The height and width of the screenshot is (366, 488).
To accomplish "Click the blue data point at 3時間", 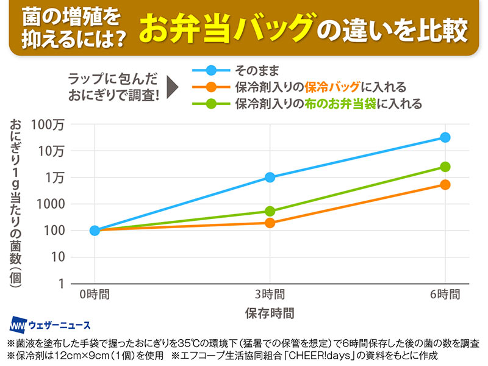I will click(x=270, y=178).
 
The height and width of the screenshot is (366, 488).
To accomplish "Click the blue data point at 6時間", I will click(x=445, y=137).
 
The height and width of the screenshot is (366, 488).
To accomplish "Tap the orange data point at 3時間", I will click(x=270, y=223).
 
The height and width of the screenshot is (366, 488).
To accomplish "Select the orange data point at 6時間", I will click(x=445, y=184).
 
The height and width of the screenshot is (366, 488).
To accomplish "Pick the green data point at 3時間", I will click(x=270, y=211).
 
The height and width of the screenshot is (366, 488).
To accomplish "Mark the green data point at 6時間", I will click(x=445, y=167).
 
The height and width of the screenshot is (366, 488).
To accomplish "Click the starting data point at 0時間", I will click(x=95, y=231).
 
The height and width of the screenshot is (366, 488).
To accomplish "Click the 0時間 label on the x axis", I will click(x=95, y=294).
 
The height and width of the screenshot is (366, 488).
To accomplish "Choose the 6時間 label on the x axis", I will click(x=445, y=294).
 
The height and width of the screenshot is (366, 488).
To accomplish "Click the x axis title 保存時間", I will click(x=270, y=314).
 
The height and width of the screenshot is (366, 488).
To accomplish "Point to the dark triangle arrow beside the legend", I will click(x=173, y=87).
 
